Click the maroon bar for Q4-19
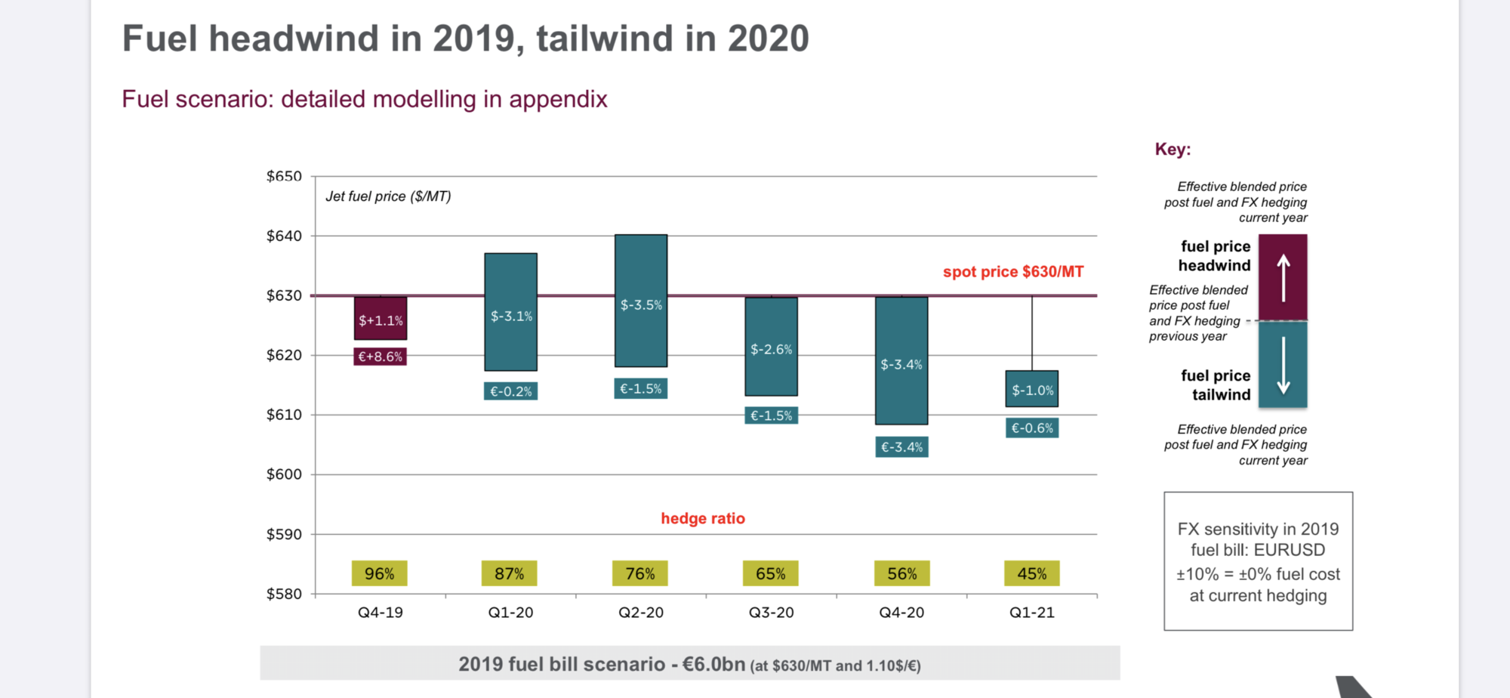tap(381, 318)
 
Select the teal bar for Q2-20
tap(641, 301)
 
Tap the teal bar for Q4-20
tap(901, 360)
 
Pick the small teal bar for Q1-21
tap(1032, 389)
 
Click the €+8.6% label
tap(381, 357)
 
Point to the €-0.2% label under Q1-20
tap(511, 391)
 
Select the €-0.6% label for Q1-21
tap(1032, 428)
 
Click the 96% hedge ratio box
tap(380, 573)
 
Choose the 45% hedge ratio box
tap(1032, 573)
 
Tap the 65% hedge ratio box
tap(771, 573)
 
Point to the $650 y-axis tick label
tap(284, 176)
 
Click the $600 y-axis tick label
tap(284, 474)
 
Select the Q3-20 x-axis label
tap(772, 613)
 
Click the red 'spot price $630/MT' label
tap(1013, 272)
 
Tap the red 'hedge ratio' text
tap(703, 518)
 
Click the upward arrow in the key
tap(1283, 277)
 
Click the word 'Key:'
tap(1173, 150)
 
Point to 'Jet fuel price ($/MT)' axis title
tap(388, 196)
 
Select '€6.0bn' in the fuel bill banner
tap(713, 664)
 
